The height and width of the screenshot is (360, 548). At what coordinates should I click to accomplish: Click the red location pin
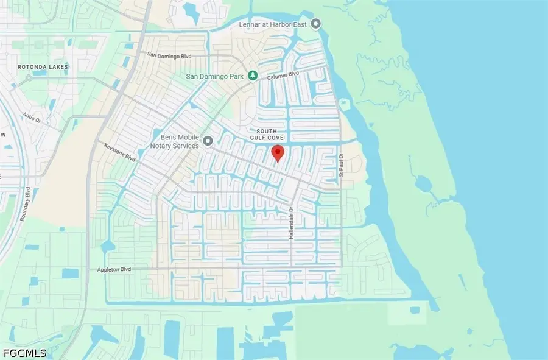coord(278,153)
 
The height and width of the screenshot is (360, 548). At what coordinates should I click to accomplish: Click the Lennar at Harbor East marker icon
coord(315,24)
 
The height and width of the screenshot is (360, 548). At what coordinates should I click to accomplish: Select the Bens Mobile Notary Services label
coord(175,142)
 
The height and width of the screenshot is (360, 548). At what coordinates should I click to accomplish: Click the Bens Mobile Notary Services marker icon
coord(208,141)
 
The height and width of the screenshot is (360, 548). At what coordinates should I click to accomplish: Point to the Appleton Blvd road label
coord(114,269)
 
